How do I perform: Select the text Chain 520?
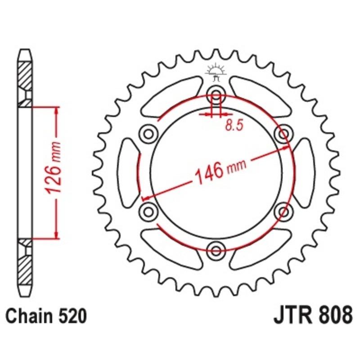(x=46, y=316)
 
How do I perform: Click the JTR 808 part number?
(x=312, y=315)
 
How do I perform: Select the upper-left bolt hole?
(x=148, y=133)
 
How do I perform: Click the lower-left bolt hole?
(x=148, y=211)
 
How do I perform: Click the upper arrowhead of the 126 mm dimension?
(x=57, y=111)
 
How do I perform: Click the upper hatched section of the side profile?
(x=25, y=74)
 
